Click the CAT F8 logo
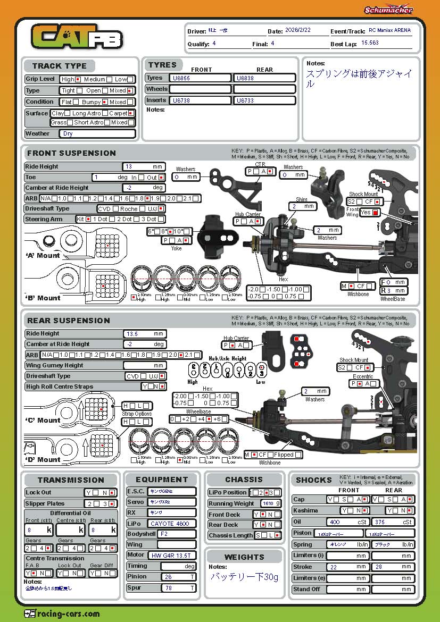pos(77,38)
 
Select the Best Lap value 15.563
pos(370,43)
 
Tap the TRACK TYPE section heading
pos(59,66)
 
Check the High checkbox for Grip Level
pos(78,79)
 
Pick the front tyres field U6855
pos(200,78)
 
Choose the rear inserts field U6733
pos(264,100)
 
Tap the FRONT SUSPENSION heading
pos(71,153)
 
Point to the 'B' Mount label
pos(43,298)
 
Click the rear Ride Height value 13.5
pos(131,334)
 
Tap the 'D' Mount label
pos(43,460)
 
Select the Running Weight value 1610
pos(267,503)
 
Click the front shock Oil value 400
pos(335,522)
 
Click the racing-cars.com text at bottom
pos(69,613)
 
